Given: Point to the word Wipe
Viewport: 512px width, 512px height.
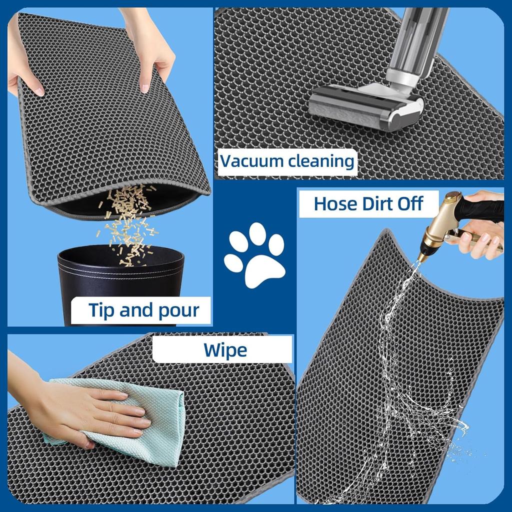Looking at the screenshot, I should point(225,349).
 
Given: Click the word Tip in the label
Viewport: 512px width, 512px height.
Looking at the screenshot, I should point(102,310).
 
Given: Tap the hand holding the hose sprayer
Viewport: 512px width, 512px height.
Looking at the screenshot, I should point(482,235).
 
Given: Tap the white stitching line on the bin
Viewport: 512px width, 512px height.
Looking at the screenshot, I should point(120,272).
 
